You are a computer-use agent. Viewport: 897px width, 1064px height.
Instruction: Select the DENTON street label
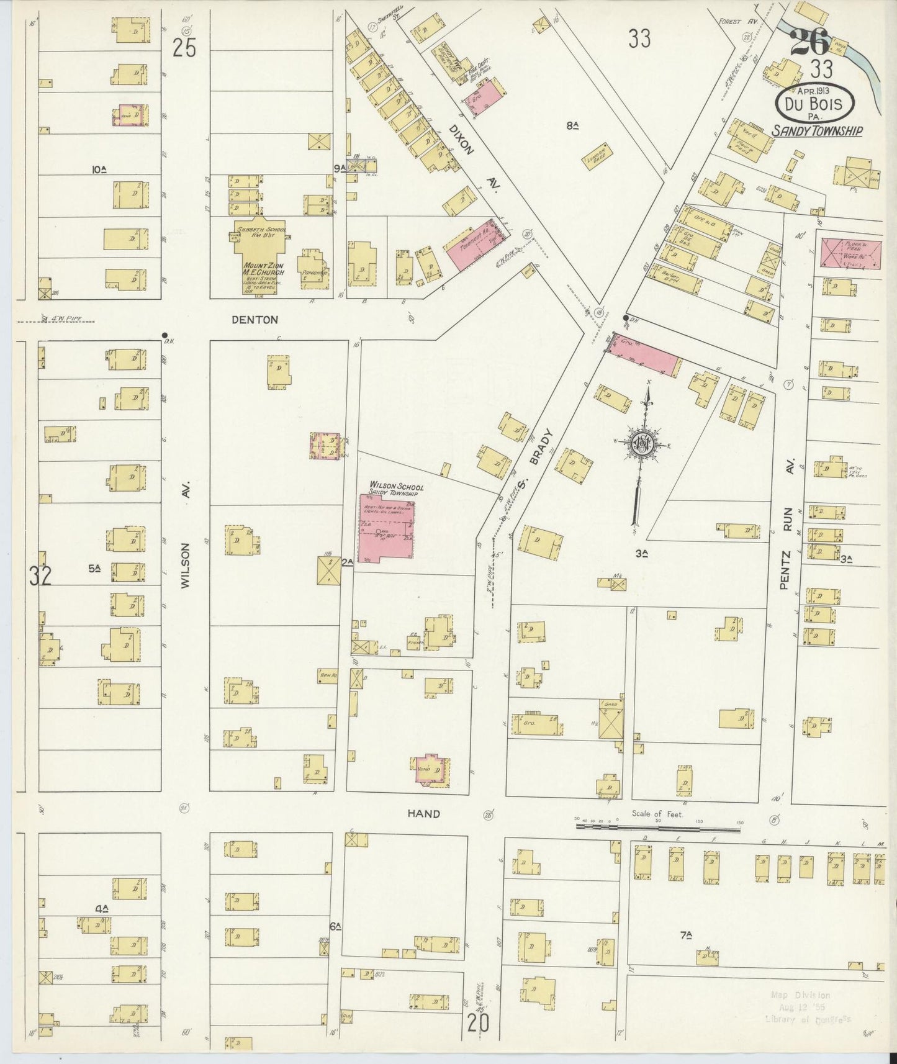[255, 320]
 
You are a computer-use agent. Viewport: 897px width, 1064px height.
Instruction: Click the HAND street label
[424, 813]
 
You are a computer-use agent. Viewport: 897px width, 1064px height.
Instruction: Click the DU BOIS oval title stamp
[815, 104]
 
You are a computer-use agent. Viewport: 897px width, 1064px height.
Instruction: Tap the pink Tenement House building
[473, 245]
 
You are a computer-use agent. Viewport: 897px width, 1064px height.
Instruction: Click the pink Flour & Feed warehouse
[850, 253]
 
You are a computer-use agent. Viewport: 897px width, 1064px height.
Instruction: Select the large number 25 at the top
[184, 48]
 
